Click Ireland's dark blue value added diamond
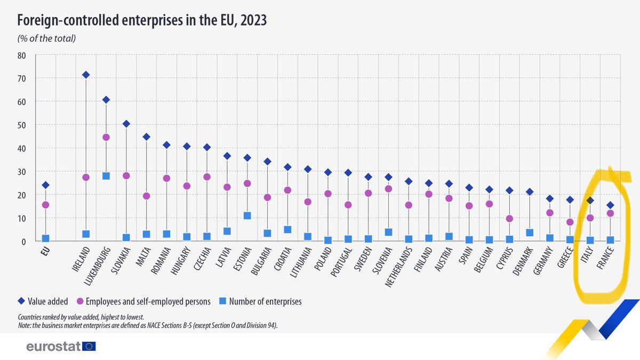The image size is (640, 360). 86,75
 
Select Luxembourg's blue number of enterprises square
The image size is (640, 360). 106,176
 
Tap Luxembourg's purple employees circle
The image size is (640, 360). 106,137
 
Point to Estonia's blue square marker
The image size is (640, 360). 247,215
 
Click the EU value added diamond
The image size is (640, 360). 46,185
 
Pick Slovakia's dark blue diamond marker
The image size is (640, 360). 126,124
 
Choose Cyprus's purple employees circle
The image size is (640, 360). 509,219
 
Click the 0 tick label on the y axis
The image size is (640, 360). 24,242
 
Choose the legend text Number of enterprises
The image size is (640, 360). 265,301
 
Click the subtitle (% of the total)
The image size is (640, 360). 47,38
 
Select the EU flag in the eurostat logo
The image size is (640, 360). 89,346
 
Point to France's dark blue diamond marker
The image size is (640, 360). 610,205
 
